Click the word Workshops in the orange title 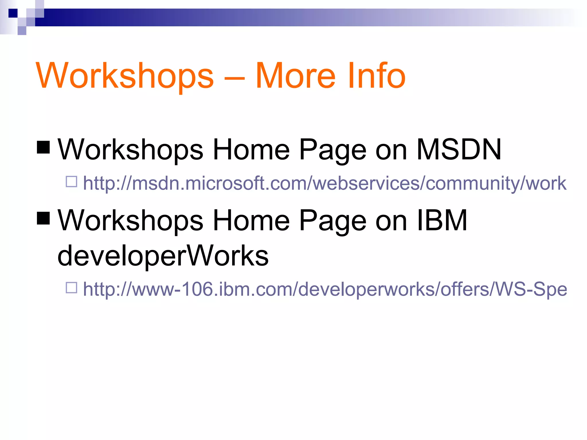125,76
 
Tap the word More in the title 295,76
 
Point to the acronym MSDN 459,150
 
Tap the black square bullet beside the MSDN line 44,147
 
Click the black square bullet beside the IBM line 44,218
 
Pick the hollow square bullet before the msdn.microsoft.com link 71,182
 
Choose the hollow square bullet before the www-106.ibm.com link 71,288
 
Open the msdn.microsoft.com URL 324,183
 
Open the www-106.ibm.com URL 324,289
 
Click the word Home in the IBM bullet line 251,220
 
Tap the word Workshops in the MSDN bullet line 130,150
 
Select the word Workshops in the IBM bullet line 130,220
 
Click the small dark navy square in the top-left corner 13,13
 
